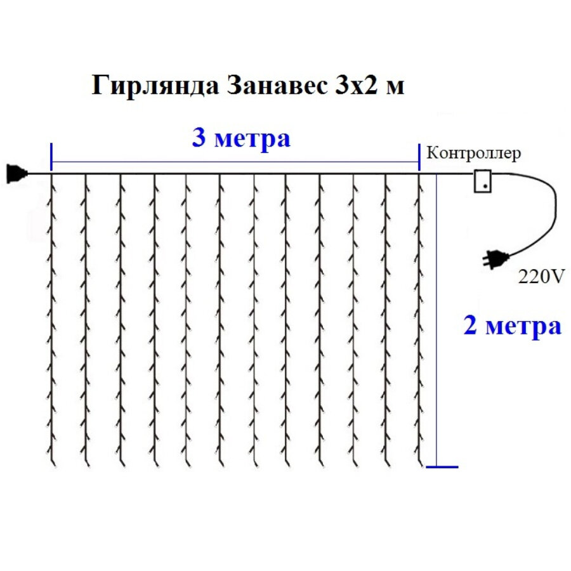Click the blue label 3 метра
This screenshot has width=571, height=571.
(x=241, y=138)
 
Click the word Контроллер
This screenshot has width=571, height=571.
(x=474, y=153)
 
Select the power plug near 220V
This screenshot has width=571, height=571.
(x=495, y=257)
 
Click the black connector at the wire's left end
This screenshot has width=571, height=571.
(x=15, y=173)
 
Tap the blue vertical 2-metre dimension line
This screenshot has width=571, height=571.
(x=437, y=317)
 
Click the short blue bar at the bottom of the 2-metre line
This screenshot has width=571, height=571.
(x=442, y=468)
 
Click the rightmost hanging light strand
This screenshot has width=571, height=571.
(x=419, y=317)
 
